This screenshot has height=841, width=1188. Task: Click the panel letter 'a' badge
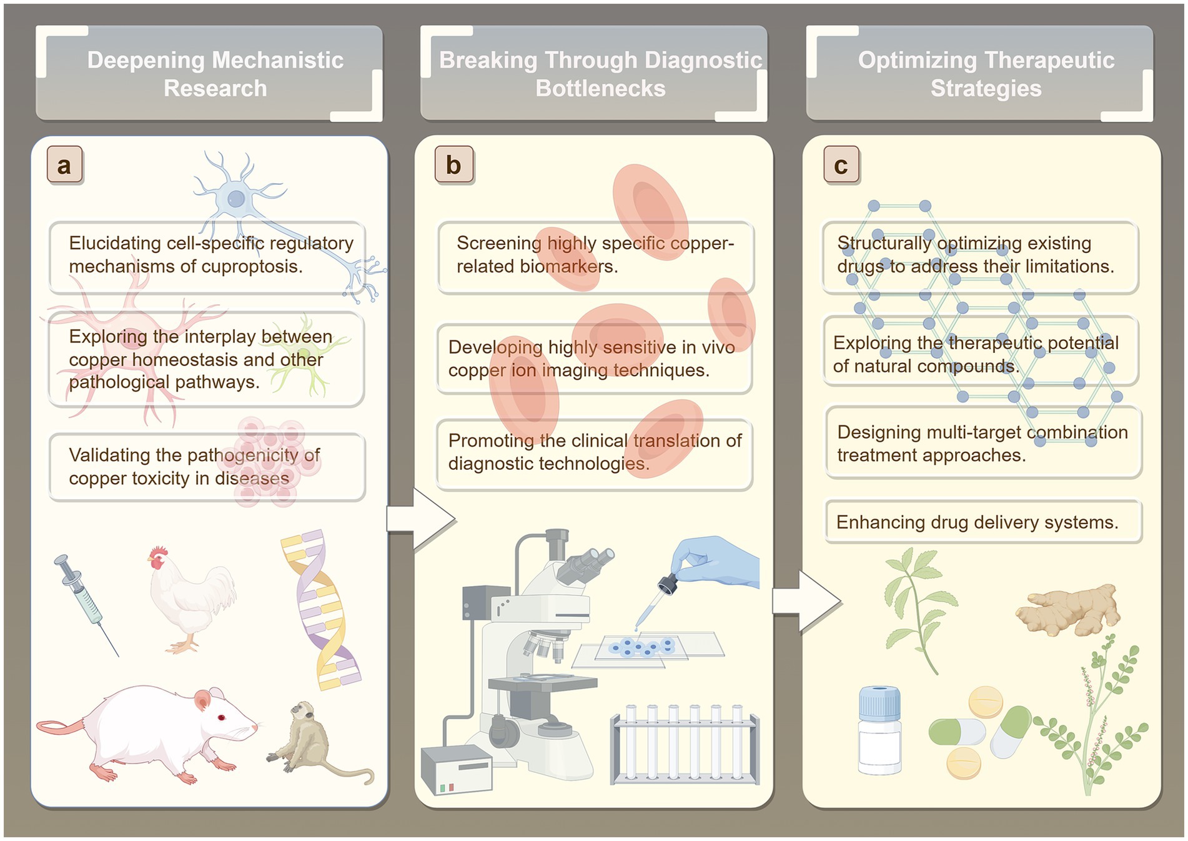click(64, 165)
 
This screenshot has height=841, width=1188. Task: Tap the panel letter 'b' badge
click(454, 165)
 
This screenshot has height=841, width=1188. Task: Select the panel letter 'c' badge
click(841, 165)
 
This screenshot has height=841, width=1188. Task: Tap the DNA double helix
click(320, 609)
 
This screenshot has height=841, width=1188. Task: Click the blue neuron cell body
click(235, 199)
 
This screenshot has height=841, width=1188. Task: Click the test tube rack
click(685, 747)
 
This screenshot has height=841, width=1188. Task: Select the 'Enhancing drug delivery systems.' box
click(983, 522)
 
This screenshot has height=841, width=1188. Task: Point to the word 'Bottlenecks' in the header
click(600, 89)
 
